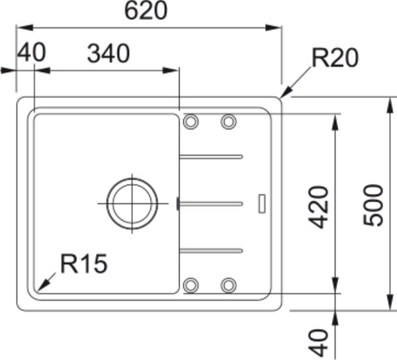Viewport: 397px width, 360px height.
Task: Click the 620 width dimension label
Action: click(146, 11)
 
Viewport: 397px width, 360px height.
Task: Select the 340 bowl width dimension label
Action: click(109, 54)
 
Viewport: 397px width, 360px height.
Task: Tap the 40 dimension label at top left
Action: click(31, 52)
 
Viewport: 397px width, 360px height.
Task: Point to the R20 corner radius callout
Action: click(335, 58)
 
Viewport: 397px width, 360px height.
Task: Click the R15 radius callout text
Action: click(84, 264)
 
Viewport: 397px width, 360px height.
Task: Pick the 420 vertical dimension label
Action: click(318, 207)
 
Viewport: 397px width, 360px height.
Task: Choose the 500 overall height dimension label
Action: click(373, 205)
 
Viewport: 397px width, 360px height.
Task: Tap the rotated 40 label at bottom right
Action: click(318, 343)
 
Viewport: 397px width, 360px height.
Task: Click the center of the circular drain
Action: click(132, 203)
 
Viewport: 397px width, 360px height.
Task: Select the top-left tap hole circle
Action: click(191, 122)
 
